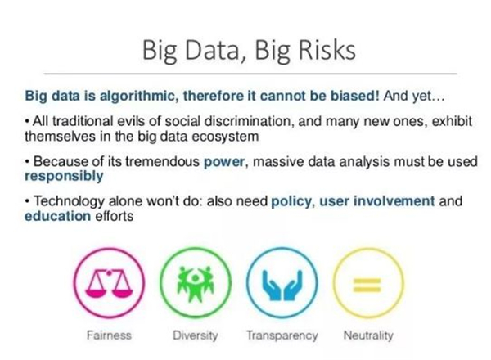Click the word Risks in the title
click(x=327, y=50)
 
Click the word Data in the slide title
click(x=212, y=51)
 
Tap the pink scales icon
click(x=109, y=282)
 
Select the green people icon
click(x=196, y=283)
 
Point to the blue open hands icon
click(x=282, y=285)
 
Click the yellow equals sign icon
click(x=367, y=285)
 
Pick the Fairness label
click(x=109, y=335)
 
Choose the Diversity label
click(x=196, y=335)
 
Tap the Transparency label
click(x=282, y=335)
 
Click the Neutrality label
click(x=368, y=335)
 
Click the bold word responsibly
click(x=64, y=176)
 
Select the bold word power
click(x=224, y=162)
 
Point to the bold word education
click(x=57, y=216)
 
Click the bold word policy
click(x=291, y=201)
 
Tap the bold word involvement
click(x=394, y=200)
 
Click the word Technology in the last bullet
click(x=69, y=201)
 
